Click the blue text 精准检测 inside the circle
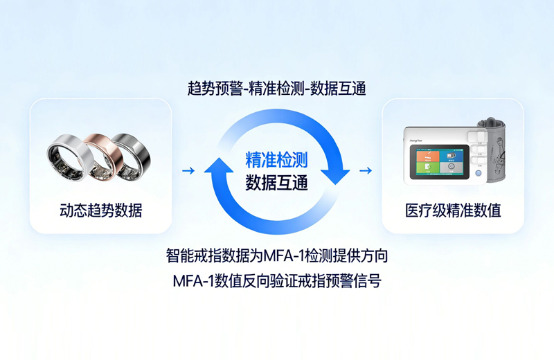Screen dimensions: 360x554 (276, 160)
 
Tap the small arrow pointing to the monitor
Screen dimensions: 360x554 (366, 170)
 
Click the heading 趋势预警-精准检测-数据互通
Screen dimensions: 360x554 (276, 89)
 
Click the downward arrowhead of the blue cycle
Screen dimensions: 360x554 (335, 176)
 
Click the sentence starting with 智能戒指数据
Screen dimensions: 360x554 (276, 255)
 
